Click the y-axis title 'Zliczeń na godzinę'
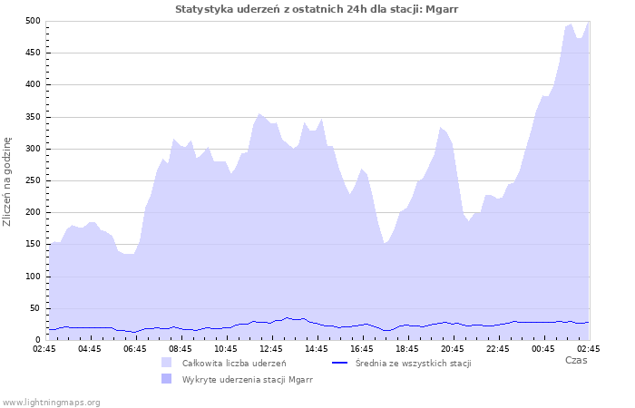click(x=7, y=181)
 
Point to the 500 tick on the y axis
click(x=33, y=21)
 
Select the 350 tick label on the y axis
click(x=33, y=117)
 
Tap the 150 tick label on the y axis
click(x=33, y=245)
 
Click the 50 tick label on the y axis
click(x=35, y=308)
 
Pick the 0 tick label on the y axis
click(x=38, y=340)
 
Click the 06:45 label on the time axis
click(x=135, y=348)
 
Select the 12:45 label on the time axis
click(x=271, y=348)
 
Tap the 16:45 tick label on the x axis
click(x=362, y=348)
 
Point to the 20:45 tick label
click(x=453, y=348)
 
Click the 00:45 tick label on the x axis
click(x=543, y=348)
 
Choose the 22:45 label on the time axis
click(x=498, y=348)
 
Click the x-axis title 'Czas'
click(x=575, y=360)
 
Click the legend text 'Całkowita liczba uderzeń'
click(x=234, y=363)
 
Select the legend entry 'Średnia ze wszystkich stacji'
click(x=413, y=363)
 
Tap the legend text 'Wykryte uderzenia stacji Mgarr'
click(x=247, y=379)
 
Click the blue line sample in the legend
click(x=341, y=363)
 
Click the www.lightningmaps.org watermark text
click(x=51, y=402)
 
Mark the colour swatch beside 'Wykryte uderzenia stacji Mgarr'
click(x=166, y=379)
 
